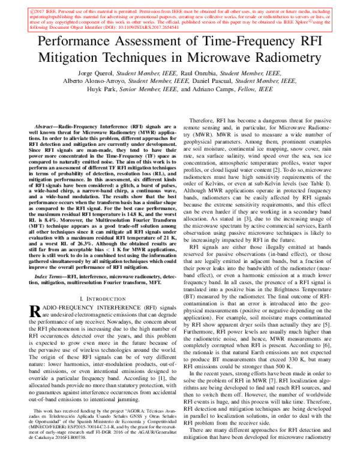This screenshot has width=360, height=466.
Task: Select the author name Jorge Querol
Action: click(85, 73)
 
